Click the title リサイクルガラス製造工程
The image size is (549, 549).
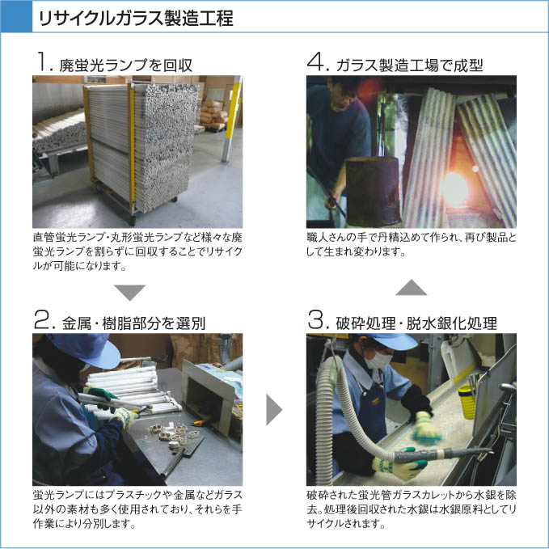point(136,19)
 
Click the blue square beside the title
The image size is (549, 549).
point(16,16)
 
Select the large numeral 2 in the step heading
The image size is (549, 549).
point(43,320)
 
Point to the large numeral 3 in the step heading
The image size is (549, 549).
point(317,320)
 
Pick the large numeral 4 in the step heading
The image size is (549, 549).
point(316,61)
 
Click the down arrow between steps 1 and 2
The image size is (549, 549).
point(129,293)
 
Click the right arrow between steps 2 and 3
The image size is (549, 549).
point(274,410)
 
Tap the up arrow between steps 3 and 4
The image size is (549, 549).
point(411,287)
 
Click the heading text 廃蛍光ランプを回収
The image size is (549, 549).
point(126,65)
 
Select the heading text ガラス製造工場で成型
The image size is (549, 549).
point(409,65)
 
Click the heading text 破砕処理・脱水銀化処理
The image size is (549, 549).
point(416,323)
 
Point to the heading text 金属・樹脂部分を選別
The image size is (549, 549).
point(133,323)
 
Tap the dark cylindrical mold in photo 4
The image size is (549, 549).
point(374,191)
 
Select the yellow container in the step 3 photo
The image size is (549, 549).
point(468,400)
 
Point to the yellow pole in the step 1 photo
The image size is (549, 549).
point(231,119)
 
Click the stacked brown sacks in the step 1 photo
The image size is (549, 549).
point(213,114)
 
